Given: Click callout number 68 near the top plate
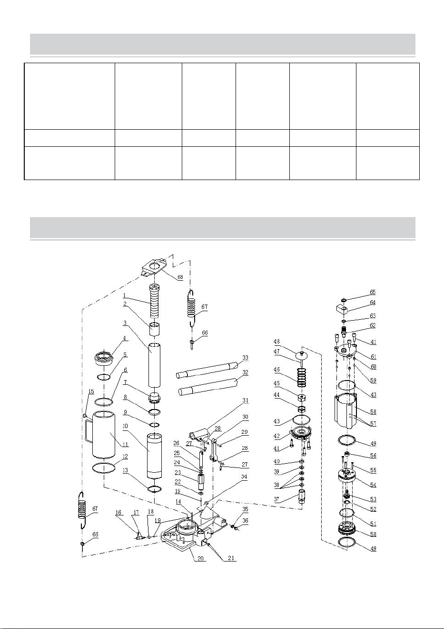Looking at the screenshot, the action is coord(180,277).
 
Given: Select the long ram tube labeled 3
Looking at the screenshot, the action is coord(155,365).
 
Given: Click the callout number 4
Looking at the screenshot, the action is coord(124,338).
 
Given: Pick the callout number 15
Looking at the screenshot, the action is coord(91,391).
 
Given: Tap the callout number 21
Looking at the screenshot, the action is coord(231,558).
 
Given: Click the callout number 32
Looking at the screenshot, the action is coord(246,372).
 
